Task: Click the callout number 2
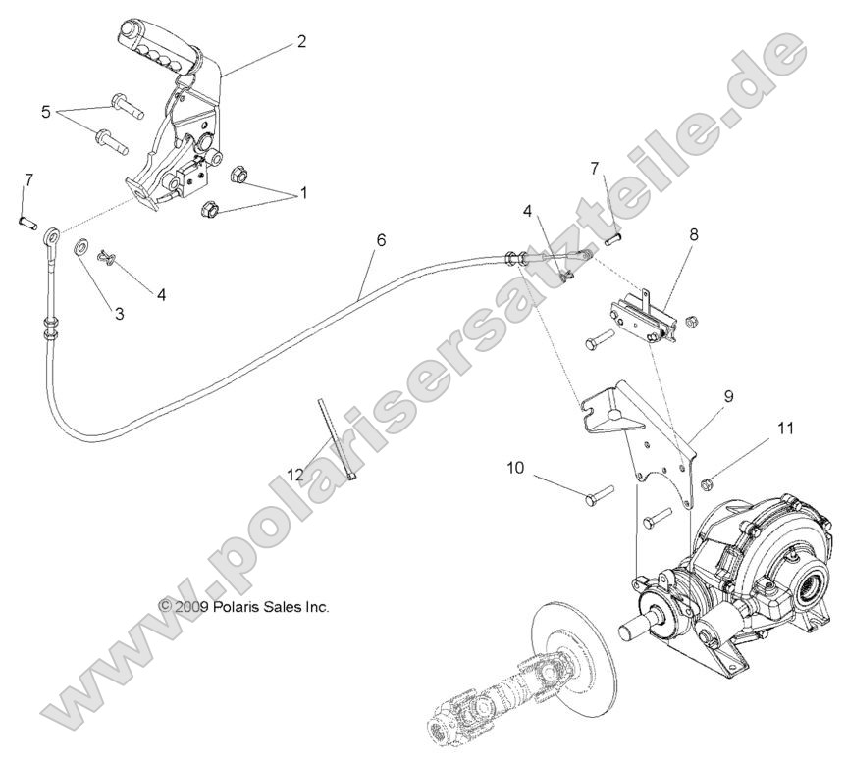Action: point(301,41)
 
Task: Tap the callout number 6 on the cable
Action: point(381,239)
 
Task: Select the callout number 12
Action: point(295,475)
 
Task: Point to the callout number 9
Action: point(729,397)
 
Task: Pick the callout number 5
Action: point(45,112)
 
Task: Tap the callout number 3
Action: point(119,314)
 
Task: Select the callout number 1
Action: point(302,193)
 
